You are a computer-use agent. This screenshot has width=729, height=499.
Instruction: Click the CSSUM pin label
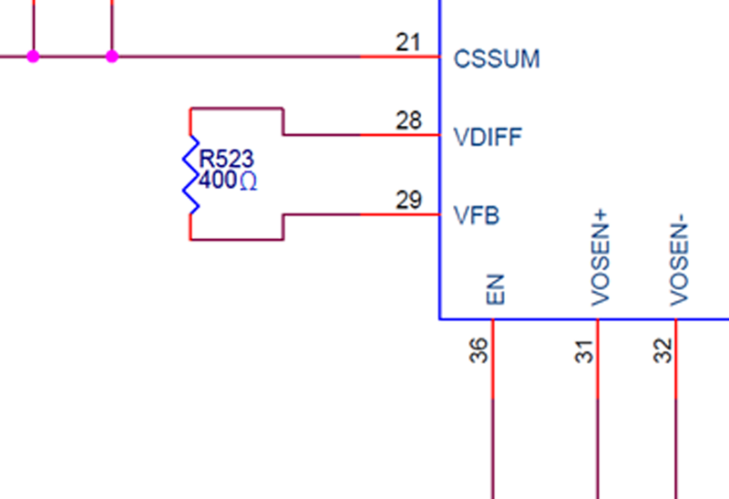coord(497,59)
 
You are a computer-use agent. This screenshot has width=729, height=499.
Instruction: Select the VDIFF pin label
coord(488,138)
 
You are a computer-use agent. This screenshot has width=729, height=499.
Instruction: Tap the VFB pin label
coord(477,217)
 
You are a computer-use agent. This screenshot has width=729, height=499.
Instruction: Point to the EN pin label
coord(495,289)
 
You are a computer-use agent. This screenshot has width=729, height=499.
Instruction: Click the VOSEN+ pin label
coord(600,261)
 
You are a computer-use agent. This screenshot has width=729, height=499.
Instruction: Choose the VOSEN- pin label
coord(678,261)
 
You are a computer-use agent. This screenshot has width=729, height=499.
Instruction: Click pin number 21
coord(408,42)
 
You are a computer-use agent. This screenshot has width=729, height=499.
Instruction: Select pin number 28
coord(408,120)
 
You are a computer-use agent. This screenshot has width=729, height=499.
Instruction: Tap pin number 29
coord(408,200)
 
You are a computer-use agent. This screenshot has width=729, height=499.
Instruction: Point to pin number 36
coord(479,350)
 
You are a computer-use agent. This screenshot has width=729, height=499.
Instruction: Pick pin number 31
coord(584,350)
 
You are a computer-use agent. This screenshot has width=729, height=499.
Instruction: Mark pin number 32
coord(662,350)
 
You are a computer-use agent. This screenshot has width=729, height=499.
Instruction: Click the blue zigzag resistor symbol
coord(190,174)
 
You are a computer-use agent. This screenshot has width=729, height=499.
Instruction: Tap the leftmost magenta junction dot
coord(34,57)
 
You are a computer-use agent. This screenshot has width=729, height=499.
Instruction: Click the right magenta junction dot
coord(112,57)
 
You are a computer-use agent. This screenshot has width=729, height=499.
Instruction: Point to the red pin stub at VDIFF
coord(400,135)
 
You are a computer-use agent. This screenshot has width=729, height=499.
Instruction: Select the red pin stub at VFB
coord(400,214)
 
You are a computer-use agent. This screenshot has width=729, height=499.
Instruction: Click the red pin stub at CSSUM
coord(400,57)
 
